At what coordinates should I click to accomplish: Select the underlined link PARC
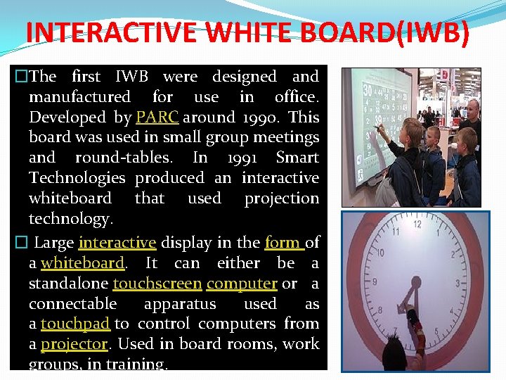point(157,117)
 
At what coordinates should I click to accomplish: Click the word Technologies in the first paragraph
point(77,178)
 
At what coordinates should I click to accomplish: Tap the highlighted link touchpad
point(75,324)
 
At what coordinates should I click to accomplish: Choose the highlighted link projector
point(74,344)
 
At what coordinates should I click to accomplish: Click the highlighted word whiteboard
point(82,263)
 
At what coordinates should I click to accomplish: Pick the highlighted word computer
point(242,284)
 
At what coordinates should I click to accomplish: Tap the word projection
point(281,198)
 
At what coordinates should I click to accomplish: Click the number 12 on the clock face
point(417,224)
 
